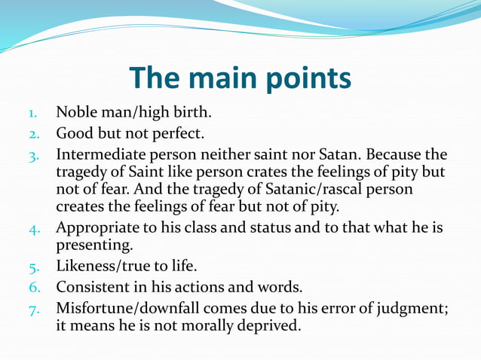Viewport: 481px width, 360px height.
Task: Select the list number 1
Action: [x=33, y=114]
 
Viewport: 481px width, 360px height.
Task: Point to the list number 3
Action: [x=33, y=157]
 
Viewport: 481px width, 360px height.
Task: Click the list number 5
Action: [x=33, y=267]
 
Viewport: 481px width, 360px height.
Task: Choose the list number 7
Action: [x=33, y=310]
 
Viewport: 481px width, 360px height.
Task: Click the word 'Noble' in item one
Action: [x=77, y=113]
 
